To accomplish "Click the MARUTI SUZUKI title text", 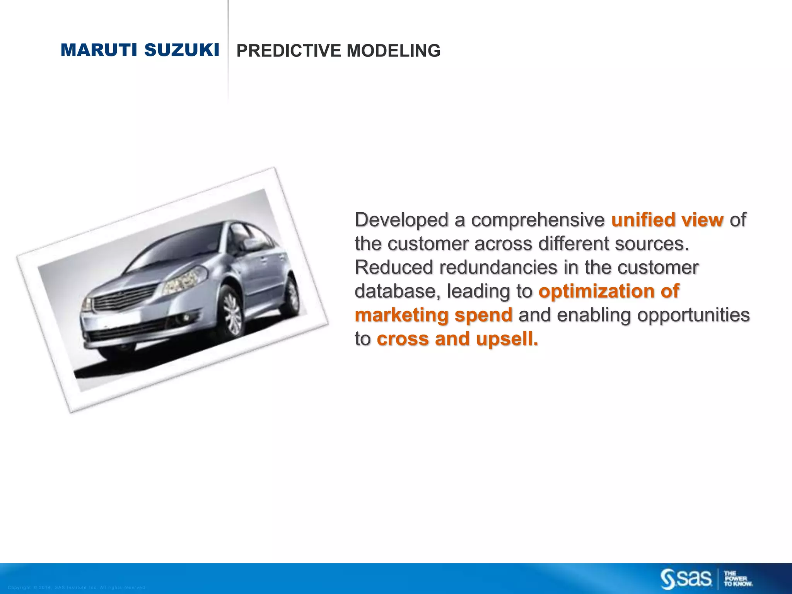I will [140, 50].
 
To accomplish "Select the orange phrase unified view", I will [667, 220].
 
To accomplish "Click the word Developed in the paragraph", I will [401, 220].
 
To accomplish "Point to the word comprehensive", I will [538, 220].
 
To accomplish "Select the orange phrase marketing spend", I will [434, 315].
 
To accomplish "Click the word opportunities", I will [693, 315].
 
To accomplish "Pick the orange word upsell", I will [507, 339].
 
